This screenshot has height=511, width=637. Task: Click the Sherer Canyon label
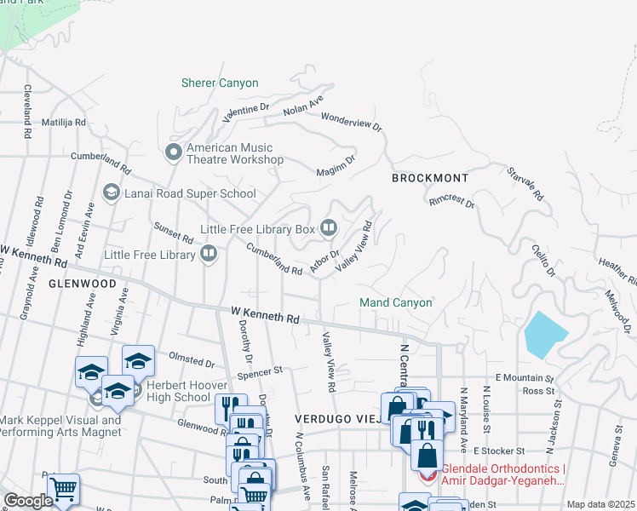pos(220,83)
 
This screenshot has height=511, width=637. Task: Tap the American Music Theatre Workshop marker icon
pos(174,152)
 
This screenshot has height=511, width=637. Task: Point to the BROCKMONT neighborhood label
pos(430,178)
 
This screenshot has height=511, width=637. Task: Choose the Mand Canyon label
pos(396,302)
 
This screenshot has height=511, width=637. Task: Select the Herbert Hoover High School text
pos(178,390)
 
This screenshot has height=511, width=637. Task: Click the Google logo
pos(28,501)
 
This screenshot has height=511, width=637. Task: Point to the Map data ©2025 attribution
pos(600,504)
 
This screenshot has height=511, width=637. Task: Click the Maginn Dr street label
pos(336,164)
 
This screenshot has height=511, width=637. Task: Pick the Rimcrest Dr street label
pos(451,201)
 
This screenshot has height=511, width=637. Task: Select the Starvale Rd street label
pos(525,183)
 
